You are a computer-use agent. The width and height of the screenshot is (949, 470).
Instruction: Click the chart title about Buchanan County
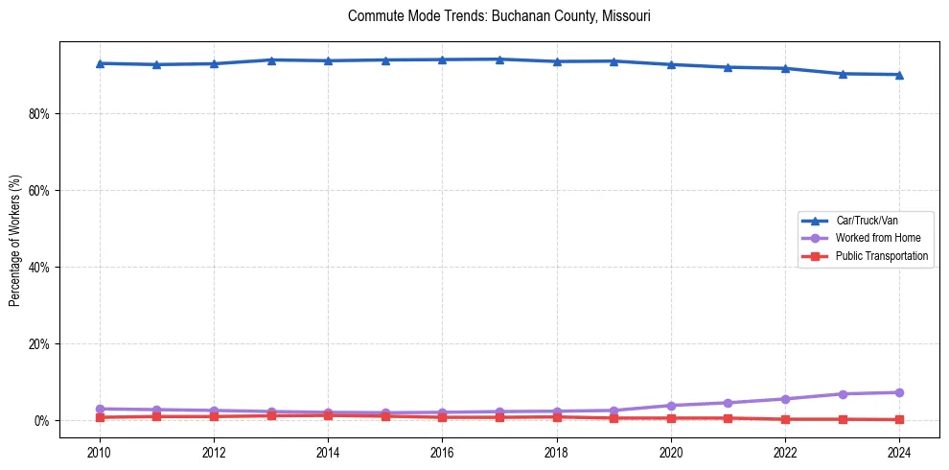click(x=499, y=16)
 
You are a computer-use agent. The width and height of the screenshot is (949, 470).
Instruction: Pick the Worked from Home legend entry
click(x=872, y=238)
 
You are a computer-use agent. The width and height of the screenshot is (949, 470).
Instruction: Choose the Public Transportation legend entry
click(x=881, y=256)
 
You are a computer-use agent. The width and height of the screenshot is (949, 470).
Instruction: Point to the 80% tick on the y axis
click(x=39, y=113)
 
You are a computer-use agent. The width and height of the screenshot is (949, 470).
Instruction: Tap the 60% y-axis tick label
click(x=39, y=190)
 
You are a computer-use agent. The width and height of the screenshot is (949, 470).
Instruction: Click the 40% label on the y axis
click(x=39, y=267)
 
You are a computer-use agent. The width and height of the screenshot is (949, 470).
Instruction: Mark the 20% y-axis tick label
click(x=39, y=343)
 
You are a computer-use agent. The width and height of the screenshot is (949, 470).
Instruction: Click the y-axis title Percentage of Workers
click(x=15, y=240)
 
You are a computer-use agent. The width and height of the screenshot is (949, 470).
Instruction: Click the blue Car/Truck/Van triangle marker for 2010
click(x=99, y=63)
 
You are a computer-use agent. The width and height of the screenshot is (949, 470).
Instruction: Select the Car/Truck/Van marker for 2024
click(x=899, y=74)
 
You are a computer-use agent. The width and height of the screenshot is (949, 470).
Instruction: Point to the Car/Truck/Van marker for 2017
click(x=499, y=59)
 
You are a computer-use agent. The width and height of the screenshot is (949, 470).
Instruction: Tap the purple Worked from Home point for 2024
click(x=899, y=392)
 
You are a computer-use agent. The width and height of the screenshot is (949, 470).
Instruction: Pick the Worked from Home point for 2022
click(x=785, y=399)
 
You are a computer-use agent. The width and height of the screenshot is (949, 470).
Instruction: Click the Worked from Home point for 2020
click(x=671, y=406)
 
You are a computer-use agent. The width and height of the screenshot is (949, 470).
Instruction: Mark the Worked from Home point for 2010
click(x=99, y=409)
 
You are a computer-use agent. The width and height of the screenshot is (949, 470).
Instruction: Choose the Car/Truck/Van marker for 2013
click(x=270, y=60)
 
